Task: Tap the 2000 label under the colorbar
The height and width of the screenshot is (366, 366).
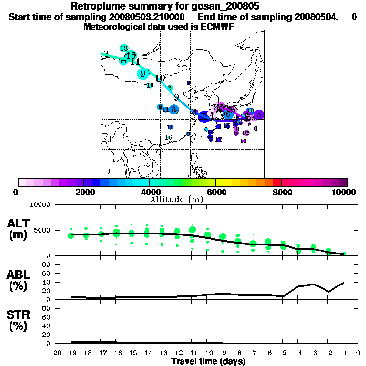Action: tap(84, 192)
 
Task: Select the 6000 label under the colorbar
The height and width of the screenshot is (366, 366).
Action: tap(216, 192)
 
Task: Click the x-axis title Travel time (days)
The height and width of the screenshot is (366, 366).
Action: tap(208, 361)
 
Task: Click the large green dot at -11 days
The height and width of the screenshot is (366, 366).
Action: tap(193, 230)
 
